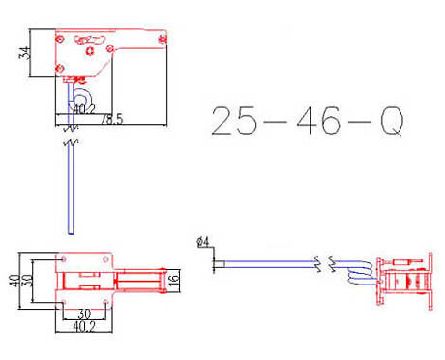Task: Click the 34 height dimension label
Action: click(x=25, y=52)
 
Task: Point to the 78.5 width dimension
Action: click(x=112, y=119)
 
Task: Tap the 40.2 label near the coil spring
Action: click(x=84, y=109)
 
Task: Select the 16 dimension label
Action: click(x=173, y=280)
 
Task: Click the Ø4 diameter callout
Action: click(x=203, y=242)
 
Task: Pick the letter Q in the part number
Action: click(x=392, y=121)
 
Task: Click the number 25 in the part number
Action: click(x=234, y=120)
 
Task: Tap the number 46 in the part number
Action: click(x=318, y=120)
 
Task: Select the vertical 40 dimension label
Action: click(x=15, y=281)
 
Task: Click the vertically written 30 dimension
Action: click(x=27, y=281)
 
